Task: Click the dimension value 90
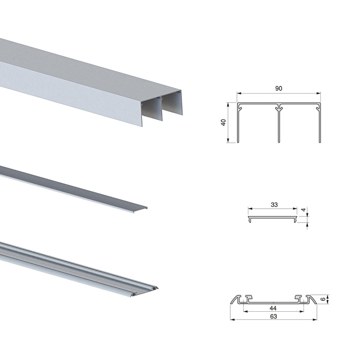(279, 88)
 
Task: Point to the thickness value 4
(304, 210)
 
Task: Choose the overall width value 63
(273, 316)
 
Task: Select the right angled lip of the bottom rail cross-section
(311, 299)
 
